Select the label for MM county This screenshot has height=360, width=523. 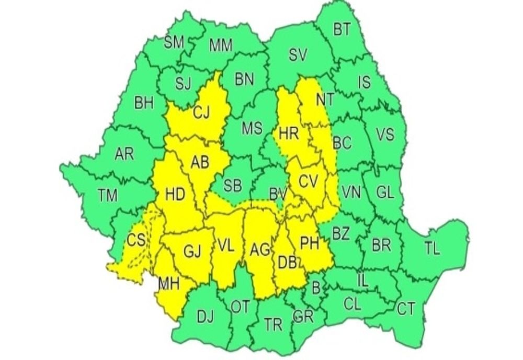221,45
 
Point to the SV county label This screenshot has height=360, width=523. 300,54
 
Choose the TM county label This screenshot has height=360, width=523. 108,196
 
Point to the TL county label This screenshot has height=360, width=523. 431,250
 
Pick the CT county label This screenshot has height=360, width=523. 406,309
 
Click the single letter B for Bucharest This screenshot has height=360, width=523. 315,286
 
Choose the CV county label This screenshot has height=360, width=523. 308,182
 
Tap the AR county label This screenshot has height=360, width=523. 124,154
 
